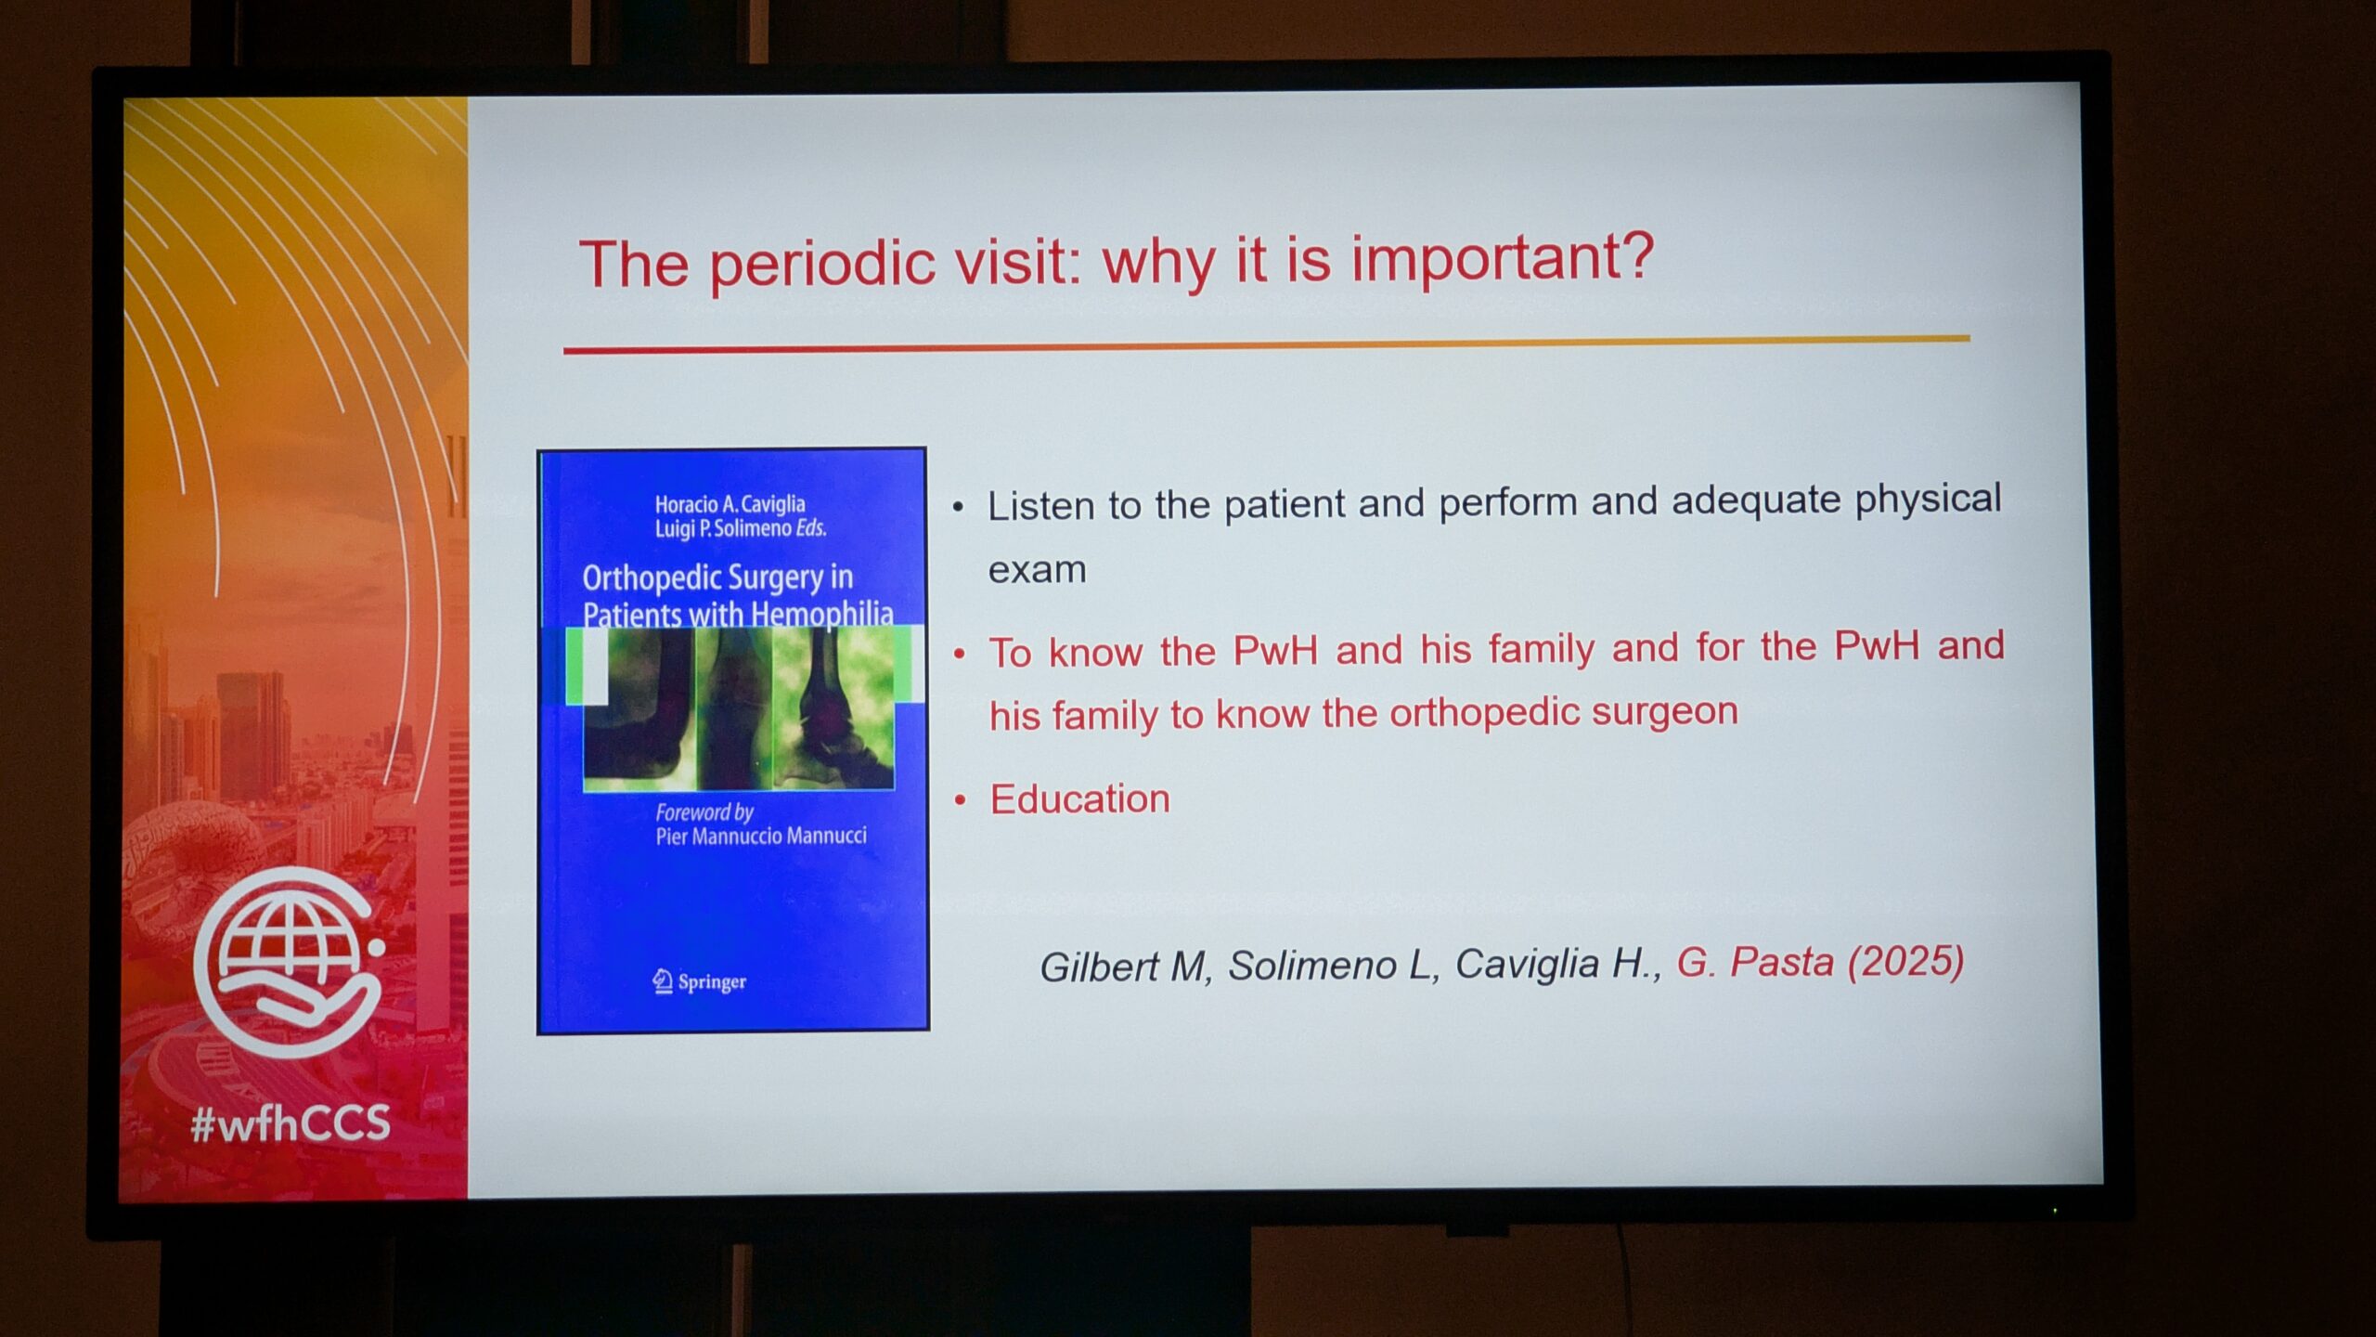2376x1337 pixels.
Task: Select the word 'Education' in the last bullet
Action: click(1080, 799)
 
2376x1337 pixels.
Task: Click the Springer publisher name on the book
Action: click(712, 982)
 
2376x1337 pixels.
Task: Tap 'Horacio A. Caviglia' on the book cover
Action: click(730, 504)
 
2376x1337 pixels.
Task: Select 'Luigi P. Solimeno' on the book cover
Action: click(723, 528)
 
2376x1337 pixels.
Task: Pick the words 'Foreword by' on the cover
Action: click(704, 812)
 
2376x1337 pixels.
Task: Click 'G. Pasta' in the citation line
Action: click(1755, 962)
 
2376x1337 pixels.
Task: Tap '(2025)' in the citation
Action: click(1905, 961)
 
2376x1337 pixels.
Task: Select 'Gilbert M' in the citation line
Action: click(1122, 967)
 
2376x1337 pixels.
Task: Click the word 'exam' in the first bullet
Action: click(1037, 570)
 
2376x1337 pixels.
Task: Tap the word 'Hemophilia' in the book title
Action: click(822, 615)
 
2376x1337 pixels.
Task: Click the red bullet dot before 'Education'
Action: click(961, 800)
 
